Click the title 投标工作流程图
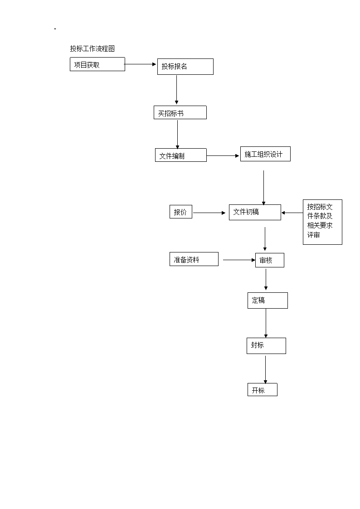[x=92, y=48]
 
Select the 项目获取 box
[x=97, y=64]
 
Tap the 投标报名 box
[x=185, y=67]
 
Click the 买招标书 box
[x=180, y=112]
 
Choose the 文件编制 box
[x=181, y=155]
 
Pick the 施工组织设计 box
[x=265, y=154]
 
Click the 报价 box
[x=181, y=212]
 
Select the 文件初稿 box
[x=255, y=212]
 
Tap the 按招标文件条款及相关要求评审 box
[x=322, y=222]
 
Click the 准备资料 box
[x=194, y=259]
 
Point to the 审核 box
[x=269, y=260]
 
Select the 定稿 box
[x=268, y=300]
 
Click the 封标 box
[x=266, y=346]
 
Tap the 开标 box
[x=262, y=389]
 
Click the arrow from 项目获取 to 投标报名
[x=140, y=64]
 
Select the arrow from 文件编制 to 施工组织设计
[x=223, y=156]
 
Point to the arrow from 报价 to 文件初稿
[x=209, y=213]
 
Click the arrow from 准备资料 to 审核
[x=239, y=260]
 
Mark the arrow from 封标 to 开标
[x=266, y=370]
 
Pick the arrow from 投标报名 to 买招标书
[x=176, y=90]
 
